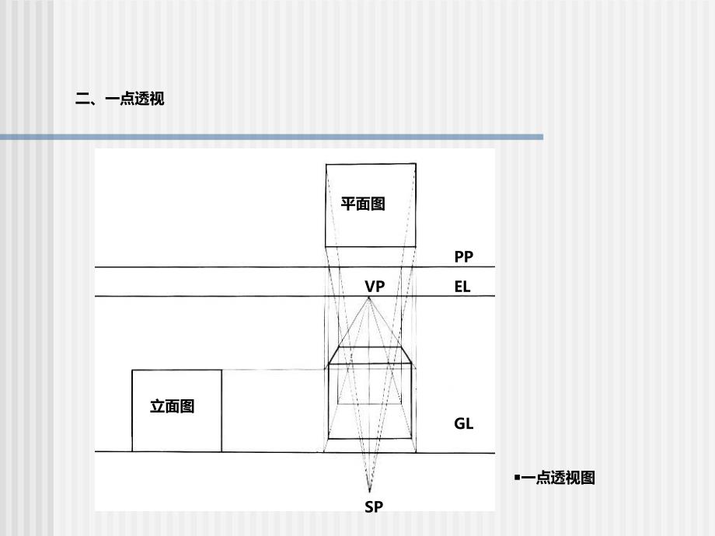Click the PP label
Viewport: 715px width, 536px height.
(x=463, y=256)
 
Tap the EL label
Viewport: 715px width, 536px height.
(x=462, y=287)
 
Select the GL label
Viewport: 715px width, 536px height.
(x=463, y=423)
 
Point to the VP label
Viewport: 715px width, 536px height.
(x=375, y=287)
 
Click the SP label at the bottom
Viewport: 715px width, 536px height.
(x=374, y=506)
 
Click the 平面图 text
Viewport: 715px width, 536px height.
(x=363, y=204)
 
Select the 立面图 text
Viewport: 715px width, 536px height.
(x=172, y=405)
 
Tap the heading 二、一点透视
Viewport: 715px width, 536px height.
(x=120, y=99)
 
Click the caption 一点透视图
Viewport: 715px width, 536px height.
(x=557, y=479)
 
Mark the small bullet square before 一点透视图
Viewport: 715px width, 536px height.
(x=516, y=478)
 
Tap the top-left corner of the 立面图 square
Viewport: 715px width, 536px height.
(x=132, y=371)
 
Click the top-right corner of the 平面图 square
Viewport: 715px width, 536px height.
(x=415, y=164)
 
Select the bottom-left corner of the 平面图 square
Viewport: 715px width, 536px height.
(x=326, y=246)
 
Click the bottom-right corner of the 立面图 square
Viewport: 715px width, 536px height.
(x=221, y=451)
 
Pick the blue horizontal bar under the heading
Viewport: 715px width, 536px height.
(x=272, y=137)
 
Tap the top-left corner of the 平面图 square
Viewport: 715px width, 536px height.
(x=326, y=164)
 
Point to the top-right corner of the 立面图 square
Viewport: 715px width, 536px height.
(x=221, y=371)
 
